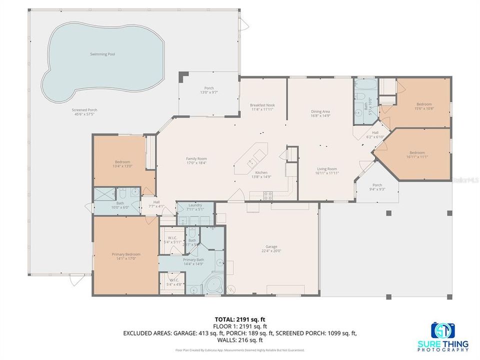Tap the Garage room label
coord(271,247)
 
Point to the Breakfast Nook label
coord(262,105)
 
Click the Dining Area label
coord(320,111)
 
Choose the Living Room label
coord(327,169)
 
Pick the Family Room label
coord(196,158)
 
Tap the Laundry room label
coord(195,205)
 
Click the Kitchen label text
coord(261,172)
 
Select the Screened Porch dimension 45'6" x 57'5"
coord(84,114)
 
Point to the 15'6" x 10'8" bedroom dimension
coord(424,108)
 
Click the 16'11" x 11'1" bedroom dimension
coord(417,156)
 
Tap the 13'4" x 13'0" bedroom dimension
coord(122,166)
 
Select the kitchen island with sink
coord(252,156)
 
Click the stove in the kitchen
coord(268,195)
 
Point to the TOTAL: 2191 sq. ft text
coord(239,318)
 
